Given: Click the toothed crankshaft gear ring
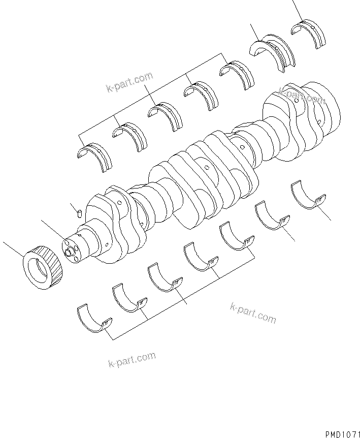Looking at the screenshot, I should coord(43,266).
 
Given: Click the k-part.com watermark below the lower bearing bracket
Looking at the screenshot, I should coord(132,359).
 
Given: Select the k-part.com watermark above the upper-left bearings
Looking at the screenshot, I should coord(129,83).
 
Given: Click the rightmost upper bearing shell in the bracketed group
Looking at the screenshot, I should coord(237,75).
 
